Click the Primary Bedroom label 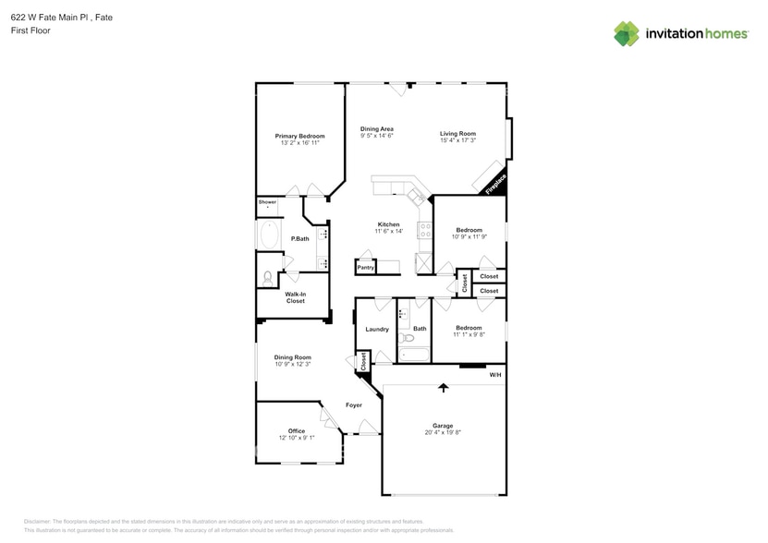click(x=299, y=136)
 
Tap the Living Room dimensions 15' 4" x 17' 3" click(x=457, y=141)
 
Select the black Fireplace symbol click(x=494, y=184)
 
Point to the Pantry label click(x=366, y=268)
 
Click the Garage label click(x=443, y=426)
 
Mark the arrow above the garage click(x=444, y=387)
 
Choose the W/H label click(x=495, y=375)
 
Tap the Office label click(x=297, y=430)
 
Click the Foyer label click(x=354, y=405)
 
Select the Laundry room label click(x=377, y=329)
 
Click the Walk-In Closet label click(x=295, y=297)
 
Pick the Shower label click(x=267, y=201)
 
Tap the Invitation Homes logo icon click(x=626, y=33)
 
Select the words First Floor click(x=31, y=30)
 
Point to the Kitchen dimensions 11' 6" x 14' click(x=388, y=231)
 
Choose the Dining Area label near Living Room click(x=377, y=129)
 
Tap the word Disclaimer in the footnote click(x=38, y=522)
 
